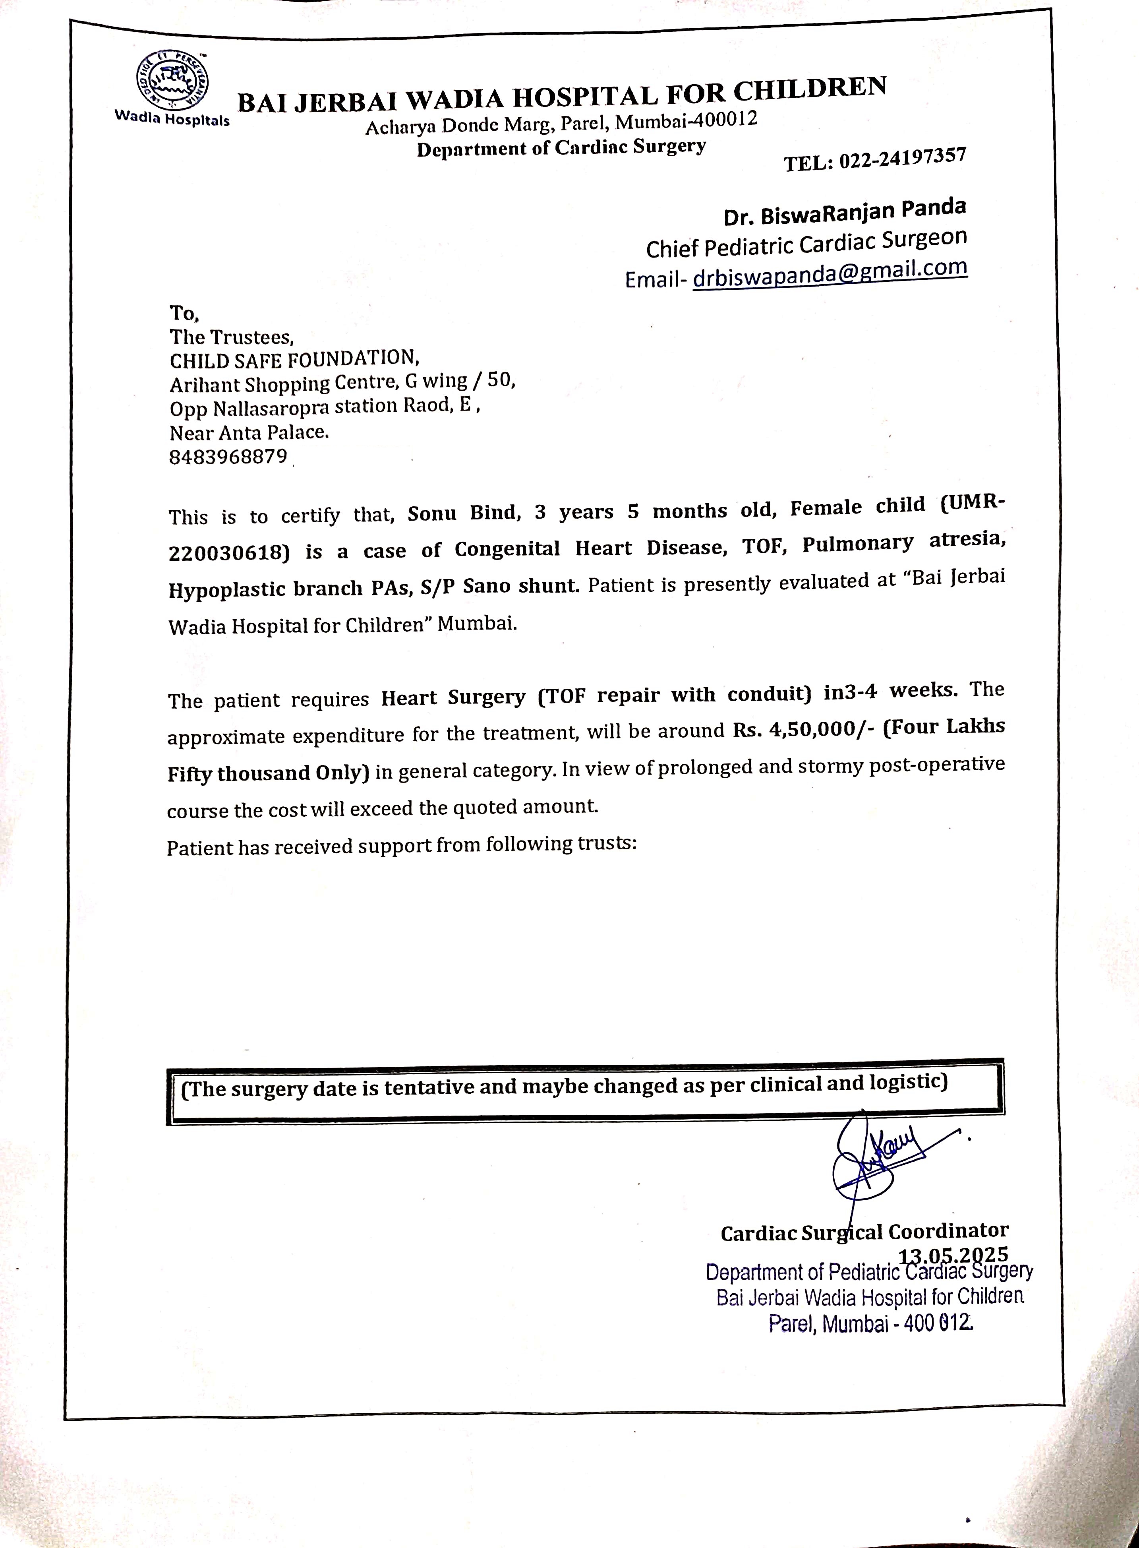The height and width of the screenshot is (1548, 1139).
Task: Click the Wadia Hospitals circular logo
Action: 170,81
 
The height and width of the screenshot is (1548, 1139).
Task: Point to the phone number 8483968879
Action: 228,457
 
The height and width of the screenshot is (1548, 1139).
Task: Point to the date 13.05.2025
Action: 953,1254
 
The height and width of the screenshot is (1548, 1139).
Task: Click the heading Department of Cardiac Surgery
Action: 561,147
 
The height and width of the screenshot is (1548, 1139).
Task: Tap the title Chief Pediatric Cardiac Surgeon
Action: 806,243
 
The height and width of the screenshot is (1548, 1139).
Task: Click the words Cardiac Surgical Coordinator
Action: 864,1232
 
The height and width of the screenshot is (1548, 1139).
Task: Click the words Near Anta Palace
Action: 249,432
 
